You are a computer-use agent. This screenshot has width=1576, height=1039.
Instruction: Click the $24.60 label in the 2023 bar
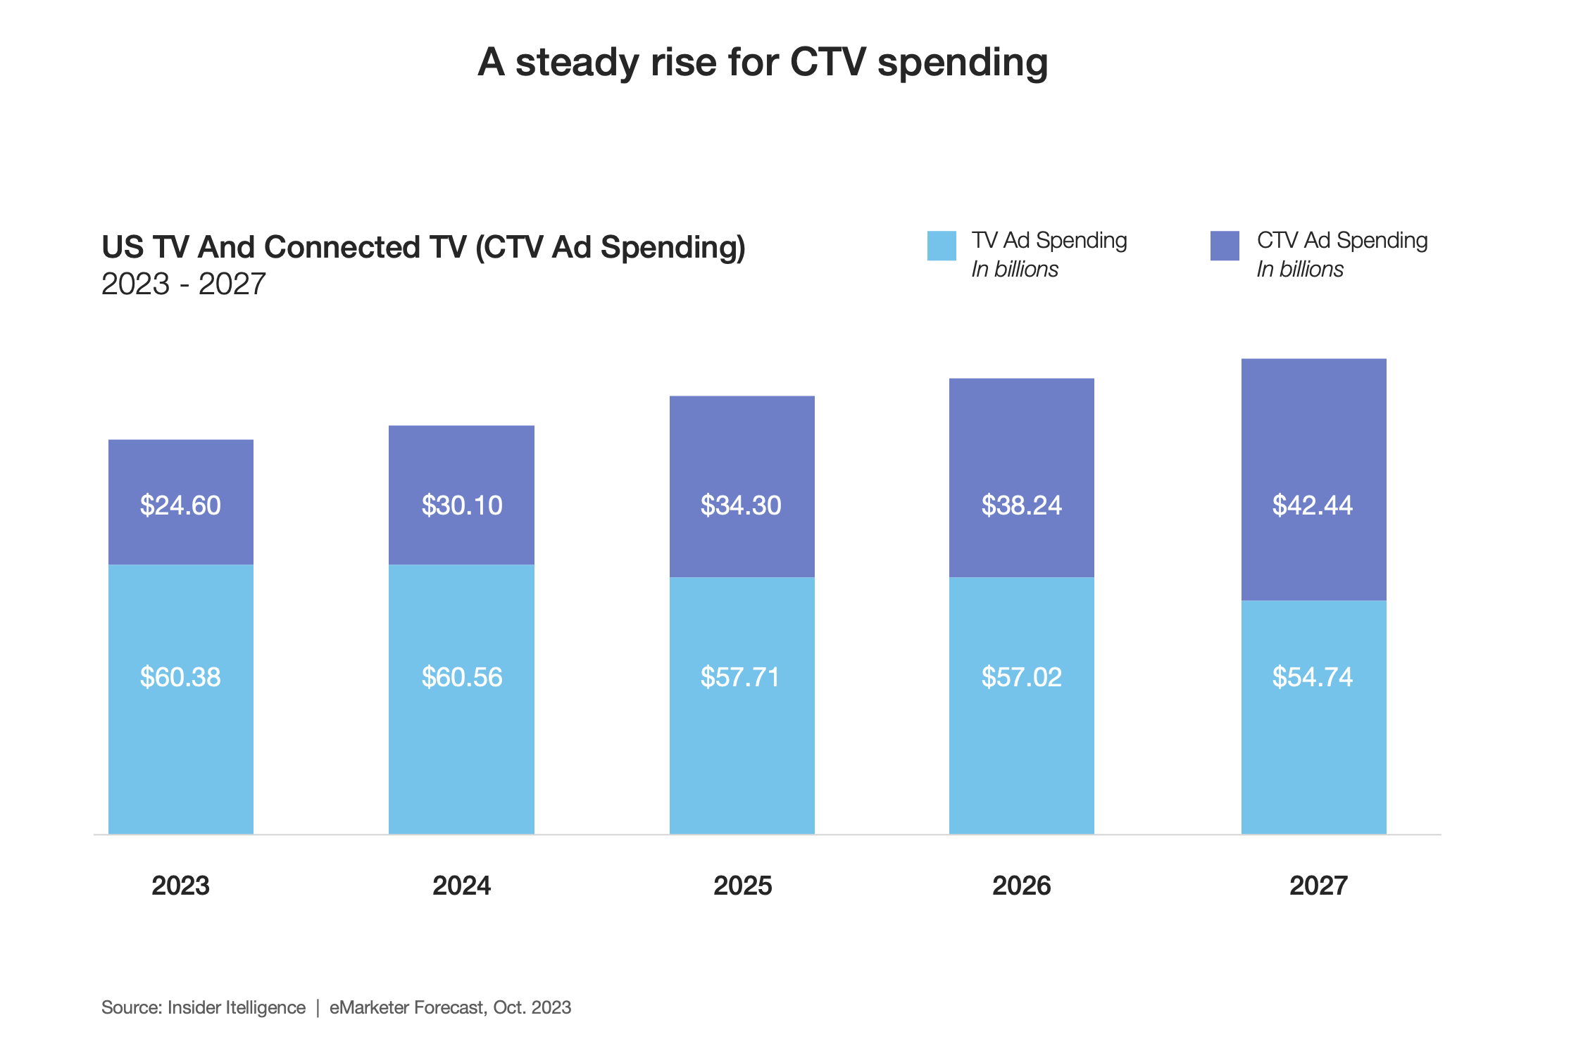[x=180, y=505]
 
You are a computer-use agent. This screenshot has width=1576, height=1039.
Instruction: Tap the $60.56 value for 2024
[x=462, y=677]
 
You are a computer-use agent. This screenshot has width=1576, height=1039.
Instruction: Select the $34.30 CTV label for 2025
[x=741, y=505]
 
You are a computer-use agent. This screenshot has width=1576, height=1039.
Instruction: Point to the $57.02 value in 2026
[x=1021, y=677]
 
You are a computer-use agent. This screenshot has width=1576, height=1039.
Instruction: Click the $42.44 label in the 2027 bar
[x=1312, y=505]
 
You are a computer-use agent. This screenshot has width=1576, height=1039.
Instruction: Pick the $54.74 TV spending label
[x=1312, y=677]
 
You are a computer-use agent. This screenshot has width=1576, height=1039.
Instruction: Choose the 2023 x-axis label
[x=180, y=886]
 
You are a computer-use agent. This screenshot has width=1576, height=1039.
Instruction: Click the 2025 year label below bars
[x=742, y=886]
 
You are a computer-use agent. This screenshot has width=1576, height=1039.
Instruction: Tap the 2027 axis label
[x=1318, y=886]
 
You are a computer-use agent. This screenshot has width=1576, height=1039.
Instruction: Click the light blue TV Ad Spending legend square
[x=942, y=246]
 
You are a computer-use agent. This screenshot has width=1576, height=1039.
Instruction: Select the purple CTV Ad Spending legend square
[x=1225, y=246]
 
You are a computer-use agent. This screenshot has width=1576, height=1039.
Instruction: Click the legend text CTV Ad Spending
[x=1342, y=241]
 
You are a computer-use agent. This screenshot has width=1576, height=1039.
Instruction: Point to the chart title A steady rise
[x=763, y=62]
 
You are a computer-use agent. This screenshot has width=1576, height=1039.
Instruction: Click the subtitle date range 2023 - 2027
[x=183, y=284]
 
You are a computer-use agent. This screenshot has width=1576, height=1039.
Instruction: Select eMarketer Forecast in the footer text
[x=406, y=1007]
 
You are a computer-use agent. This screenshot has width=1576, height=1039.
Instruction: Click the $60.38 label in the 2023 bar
[x=180, y=677]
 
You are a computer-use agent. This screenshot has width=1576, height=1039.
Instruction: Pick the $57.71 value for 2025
[x=741, y=677]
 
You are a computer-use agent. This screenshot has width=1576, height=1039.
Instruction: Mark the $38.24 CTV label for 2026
[x=1021, y=505]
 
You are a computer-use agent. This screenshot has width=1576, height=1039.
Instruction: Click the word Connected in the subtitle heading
[x=365, y=248]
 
